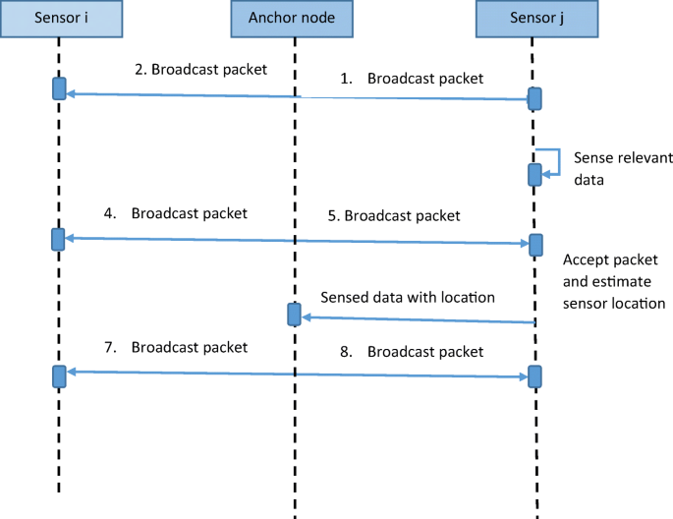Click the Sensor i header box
tap(61, 19)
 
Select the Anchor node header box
tap(292, 19)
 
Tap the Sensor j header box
tap(537, 19)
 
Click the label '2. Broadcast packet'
tap(200, 70)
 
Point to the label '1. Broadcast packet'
tap(412, 79)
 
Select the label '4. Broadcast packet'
tap(176, 213)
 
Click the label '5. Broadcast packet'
tap(394, 215)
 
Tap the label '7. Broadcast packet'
tap(176, 347)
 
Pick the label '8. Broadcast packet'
tap(412, 352)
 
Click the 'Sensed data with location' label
tap(408, 297)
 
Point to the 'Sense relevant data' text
tap(623, 169)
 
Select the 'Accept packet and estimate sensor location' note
tap(614, 281)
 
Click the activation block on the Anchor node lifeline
tap(294, 315)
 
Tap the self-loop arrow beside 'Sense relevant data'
tap(559, 162)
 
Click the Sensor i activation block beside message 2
tap(59, 88)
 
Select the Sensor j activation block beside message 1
tap(534, 98)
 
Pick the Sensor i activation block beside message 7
tap(59, 376)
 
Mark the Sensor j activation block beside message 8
tap(534, 376)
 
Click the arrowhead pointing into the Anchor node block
tap(306, 317)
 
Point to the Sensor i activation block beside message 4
tap(58, 239)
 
